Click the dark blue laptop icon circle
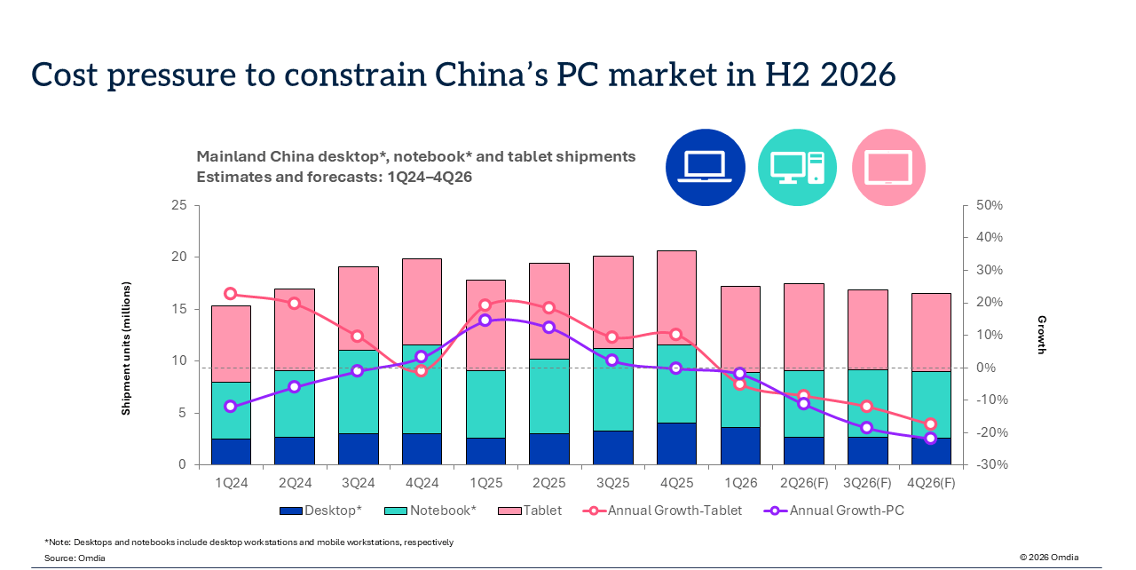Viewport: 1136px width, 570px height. click(705, 167)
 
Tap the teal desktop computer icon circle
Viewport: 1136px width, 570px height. click(797, 167)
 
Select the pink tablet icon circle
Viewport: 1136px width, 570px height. click(888, 167)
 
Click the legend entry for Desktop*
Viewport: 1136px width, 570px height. click(320, 511)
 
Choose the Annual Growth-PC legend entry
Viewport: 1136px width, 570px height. click(833, 511)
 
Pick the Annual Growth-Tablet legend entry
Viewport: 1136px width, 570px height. click(662, 511)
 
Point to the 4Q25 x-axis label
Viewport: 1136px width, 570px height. click(676, 483)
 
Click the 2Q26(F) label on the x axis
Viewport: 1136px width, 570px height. click(804, 483)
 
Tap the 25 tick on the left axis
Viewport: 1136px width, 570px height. click(179, 205)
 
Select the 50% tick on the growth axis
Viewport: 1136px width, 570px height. click(990, 205)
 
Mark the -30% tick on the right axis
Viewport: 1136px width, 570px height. click(991, 464)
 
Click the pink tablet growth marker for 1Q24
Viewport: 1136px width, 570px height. click(230, 294)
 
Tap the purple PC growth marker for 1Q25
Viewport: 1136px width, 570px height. click(485, 320)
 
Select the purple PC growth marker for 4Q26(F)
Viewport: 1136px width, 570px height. click(930, 438)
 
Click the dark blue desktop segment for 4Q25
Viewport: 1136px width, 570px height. click(676, 444)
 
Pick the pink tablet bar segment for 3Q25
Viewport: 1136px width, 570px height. click(612, 302)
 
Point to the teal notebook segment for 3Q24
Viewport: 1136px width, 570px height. click(358, 392)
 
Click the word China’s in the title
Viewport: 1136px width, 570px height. click(491, 74)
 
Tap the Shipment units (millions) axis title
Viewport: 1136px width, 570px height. click(126, 348)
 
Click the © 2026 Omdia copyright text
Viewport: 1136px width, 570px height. click(1049, 557)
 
